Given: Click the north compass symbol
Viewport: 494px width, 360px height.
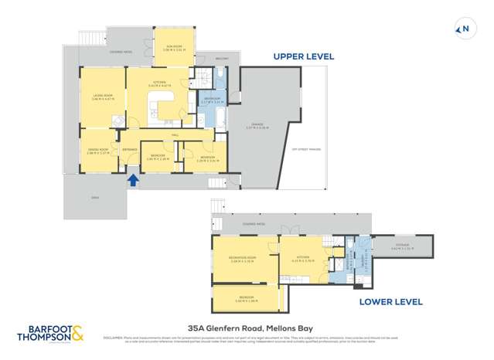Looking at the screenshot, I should [464, 29].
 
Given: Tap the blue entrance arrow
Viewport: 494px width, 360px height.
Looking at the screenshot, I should [133, 181].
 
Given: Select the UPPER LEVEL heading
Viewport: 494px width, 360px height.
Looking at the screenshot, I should [302, 56].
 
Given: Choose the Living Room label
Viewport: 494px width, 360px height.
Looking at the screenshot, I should [103, 97].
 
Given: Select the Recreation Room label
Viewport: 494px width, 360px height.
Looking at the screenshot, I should [243, 260].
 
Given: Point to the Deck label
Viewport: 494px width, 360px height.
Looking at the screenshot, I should [96, 198].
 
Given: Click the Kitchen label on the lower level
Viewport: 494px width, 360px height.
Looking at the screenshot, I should [302, 260].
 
